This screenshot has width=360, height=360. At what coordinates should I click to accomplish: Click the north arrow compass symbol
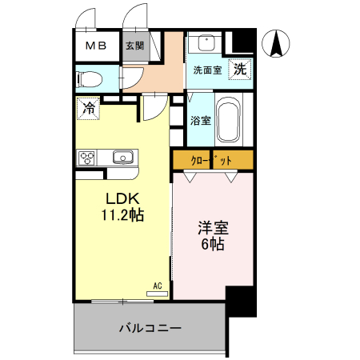click(x=278, y=43)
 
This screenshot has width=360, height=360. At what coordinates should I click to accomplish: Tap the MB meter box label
click(x=95, y=46)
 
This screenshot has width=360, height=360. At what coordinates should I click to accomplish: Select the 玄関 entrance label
click(x=134, y=46)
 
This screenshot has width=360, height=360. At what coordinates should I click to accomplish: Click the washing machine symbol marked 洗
click(x=240, y=70)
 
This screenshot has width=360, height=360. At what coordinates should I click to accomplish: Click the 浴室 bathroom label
click(x=201, y=121)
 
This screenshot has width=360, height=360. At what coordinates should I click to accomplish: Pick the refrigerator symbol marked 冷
click(x=88, y=107)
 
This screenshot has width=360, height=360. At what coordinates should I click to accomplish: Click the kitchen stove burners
click(x=86, y=157)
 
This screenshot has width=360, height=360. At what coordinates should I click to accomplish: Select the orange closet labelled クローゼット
click(x=213, y=160)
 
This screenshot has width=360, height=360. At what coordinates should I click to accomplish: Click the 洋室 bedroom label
click(x=212, y=227)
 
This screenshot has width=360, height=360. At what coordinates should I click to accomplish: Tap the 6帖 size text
click(x=212, y=244)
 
